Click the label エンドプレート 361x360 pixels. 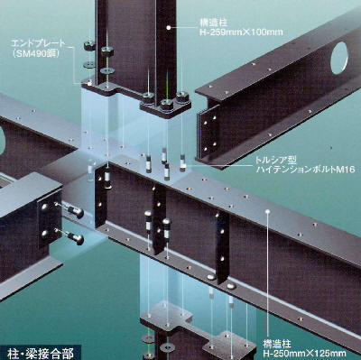click(x=38, y=42)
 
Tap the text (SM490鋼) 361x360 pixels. click(x=34, y=54)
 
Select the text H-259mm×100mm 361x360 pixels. click(x=242, y=32)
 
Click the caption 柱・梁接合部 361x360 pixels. click(x=41, y=354)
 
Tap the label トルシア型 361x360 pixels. click(x=271, y=160)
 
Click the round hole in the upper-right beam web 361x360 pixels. click(x=340, y=58)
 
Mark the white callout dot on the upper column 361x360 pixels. click(x=169, y=28)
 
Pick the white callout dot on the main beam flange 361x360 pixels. click(x=267, y=211)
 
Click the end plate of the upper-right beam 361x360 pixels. click(x=208, y=133)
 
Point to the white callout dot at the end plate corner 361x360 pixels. click(x=89, y=83)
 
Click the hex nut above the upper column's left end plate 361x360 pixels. click(x=89, y=46)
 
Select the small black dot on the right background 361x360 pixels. click(x=331, y=148)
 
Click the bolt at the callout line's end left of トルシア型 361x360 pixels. click(x=183, y=163)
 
